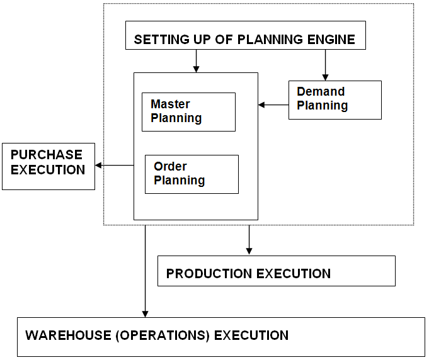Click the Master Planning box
188,111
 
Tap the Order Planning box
192,174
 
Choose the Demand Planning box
335,99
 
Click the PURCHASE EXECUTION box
48,166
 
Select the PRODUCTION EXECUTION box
276,271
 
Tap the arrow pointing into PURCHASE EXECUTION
113,166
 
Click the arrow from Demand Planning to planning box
273,104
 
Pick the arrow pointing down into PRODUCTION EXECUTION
249,240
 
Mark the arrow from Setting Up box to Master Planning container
197,60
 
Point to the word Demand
321,92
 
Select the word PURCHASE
47,155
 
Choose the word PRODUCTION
207,274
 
